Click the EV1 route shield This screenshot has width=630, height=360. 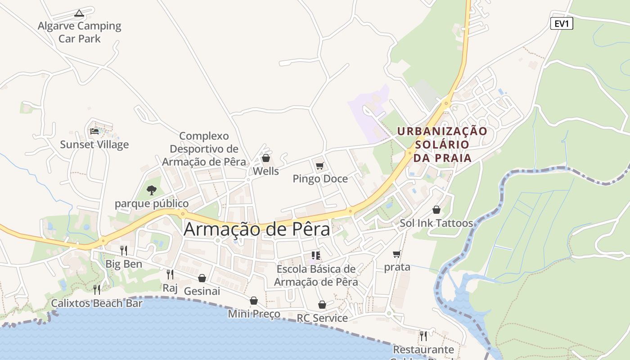click(x=562, y=23)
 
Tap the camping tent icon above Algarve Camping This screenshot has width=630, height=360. click(x=79, y=13)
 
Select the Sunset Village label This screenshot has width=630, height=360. click(x=94, y=144)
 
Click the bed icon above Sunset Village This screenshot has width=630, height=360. click(x=94, y=131)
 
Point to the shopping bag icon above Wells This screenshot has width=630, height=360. click(x=266, y=158)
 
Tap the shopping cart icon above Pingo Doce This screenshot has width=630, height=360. click(x=320, y=166)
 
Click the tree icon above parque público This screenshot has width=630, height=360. click(x=152, y=190)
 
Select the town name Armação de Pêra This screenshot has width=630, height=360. click(x=257, y=229)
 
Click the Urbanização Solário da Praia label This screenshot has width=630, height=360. click(x=442, y=144)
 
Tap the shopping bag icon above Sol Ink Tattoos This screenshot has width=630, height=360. click(x=436, y=210)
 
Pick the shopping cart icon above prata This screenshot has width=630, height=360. click(x=397, y=254)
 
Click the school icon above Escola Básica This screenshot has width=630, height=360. click(x=316, y=256)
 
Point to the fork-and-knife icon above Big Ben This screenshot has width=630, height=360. click(x=123, y=251)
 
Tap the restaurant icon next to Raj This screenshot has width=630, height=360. click(x=170, y=274)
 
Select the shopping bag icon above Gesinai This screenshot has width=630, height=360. click(x=202, y=278)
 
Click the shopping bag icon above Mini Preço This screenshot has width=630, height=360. click(x=254, y=301)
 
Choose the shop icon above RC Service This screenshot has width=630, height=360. click(x=322, y=305)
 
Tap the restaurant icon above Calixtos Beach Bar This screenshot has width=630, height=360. click(x=97, y=289)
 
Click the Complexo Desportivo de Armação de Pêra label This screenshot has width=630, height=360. click(x=204, y=149)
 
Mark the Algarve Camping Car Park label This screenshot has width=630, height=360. click(x=80, y=32)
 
